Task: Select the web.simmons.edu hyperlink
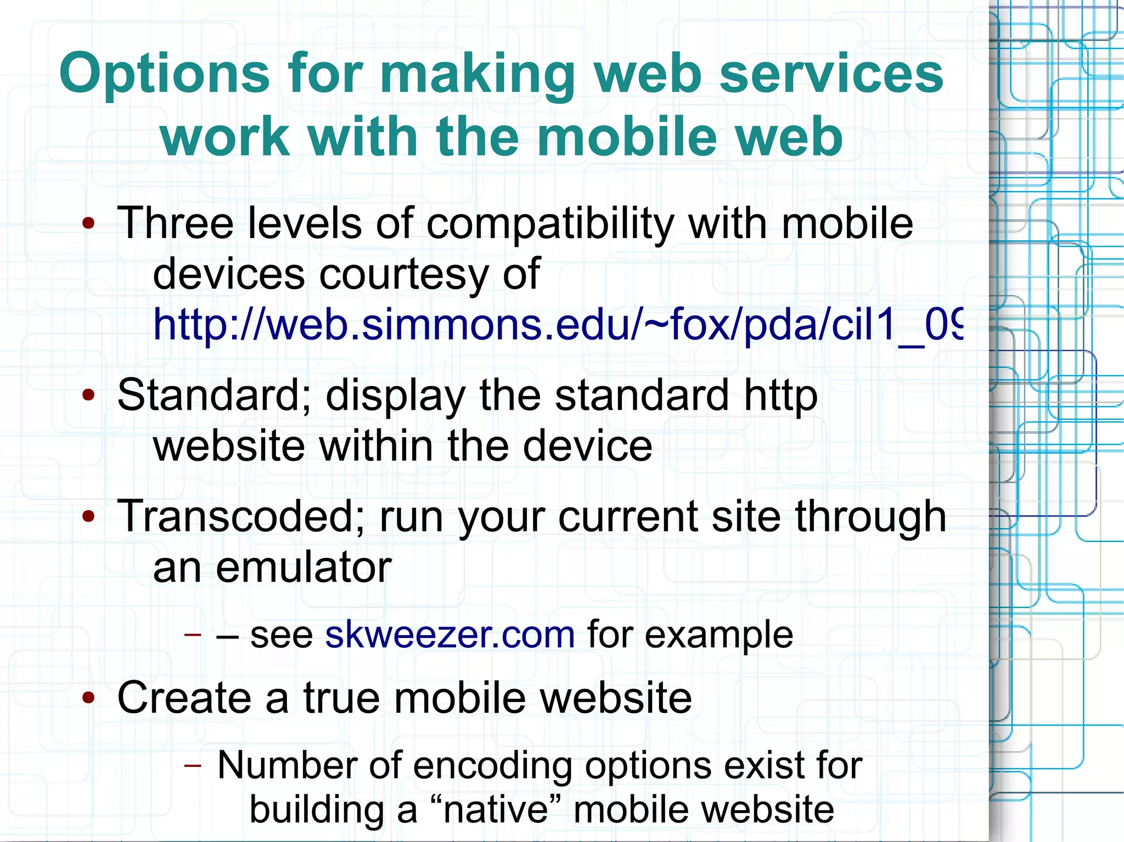[557, 325]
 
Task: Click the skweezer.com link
[449, 635]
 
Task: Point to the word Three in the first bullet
[175, 223]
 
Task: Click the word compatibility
[550, 224]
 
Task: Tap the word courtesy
[403, 274]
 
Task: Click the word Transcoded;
[241, 516]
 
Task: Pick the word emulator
[304, 567]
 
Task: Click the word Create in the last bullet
[184, 698]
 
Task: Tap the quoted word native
[495, 810]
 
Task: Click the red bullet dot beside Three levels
[88, 224]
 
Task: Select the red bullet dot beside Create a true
[88, 698]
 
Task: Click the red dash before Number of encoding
[193, 765]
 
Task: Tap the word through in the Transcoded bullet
[870, 517]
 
